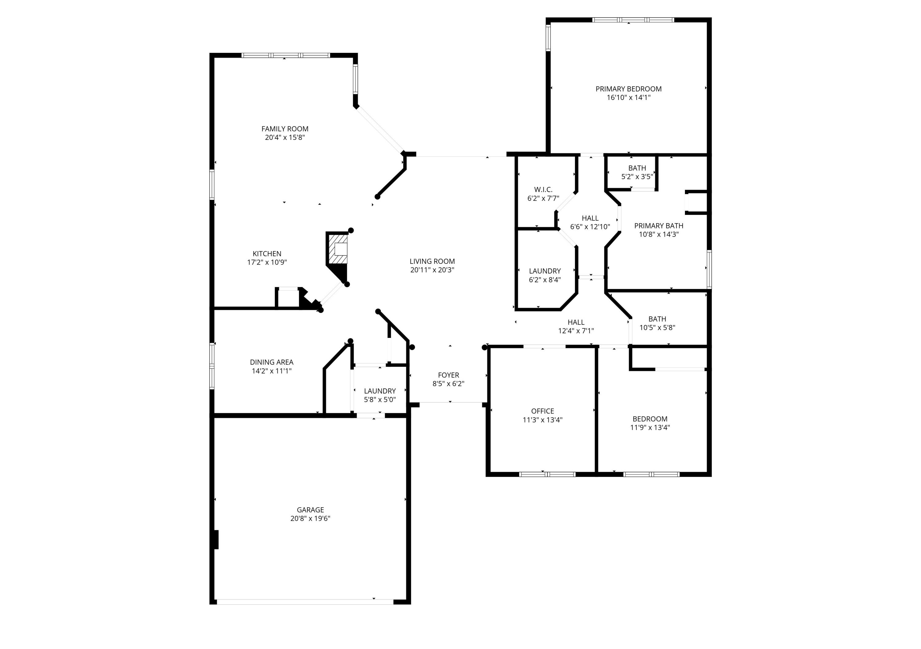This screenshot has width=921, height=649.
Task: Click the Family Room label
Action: coord(285,129)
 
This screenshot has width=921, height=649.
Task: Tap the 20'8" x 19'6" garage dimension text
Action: coord(310,518)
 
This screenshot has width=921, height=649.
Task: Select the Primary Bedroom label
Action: coord(628,89)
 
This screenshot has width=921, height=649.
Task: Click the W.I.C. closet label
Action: coord(543,190)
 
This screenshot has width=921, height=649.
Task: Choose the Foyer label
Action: coord(448,375)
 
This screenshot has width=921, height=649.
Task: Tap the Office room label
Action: coord(542,411)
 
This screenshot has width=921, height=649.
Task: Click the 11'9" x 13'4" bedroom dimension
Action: coord(650,428)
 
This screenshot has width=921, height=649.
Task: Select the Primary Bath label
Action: coord(659,226)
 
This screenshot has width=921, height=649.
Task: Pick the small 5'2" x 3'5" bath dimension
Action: coord(637,177)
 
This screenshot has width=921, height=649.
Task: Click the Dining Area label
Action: coord(272,362)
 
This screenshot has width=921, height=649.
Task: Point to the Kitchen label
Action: coord(267,254)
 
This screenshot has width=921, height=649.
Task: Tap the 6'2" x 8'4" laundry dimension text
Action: coord(545,280)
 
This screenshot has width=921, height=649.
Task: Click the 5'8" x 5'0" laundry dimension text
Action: coord(379,400)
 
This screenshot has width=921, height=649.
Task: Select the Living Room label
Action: coord(432,261)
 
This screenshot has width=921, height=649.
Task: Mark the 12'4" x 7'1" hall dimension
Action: coord(576,331)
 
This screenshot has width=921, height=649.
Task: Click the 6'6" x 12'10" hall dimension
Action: coord(590,227)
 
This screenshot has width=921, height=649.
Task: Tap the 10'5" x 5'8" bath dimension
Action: coord(657,328)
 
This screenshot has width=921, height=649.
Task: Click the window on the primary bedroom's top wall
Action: coord(633,20)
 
